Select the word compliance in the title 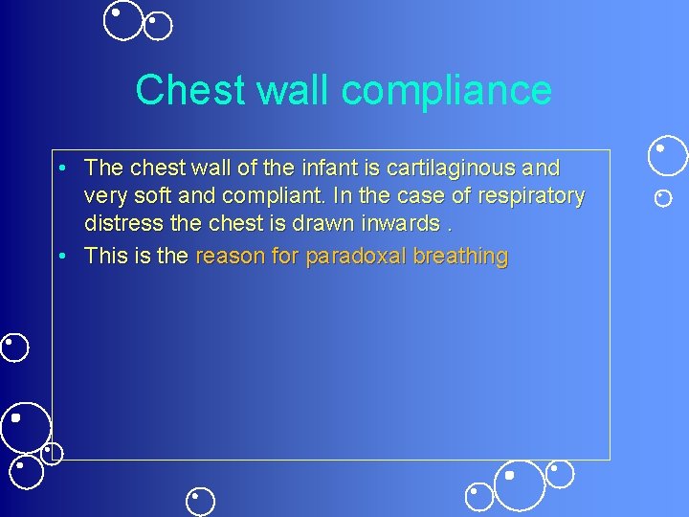click(x=446, y=90)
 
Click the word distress click(x=119, y=225)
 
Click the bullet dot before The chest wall click(x=60, y=169)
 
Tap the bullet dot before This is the click(x=60, y=258)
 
